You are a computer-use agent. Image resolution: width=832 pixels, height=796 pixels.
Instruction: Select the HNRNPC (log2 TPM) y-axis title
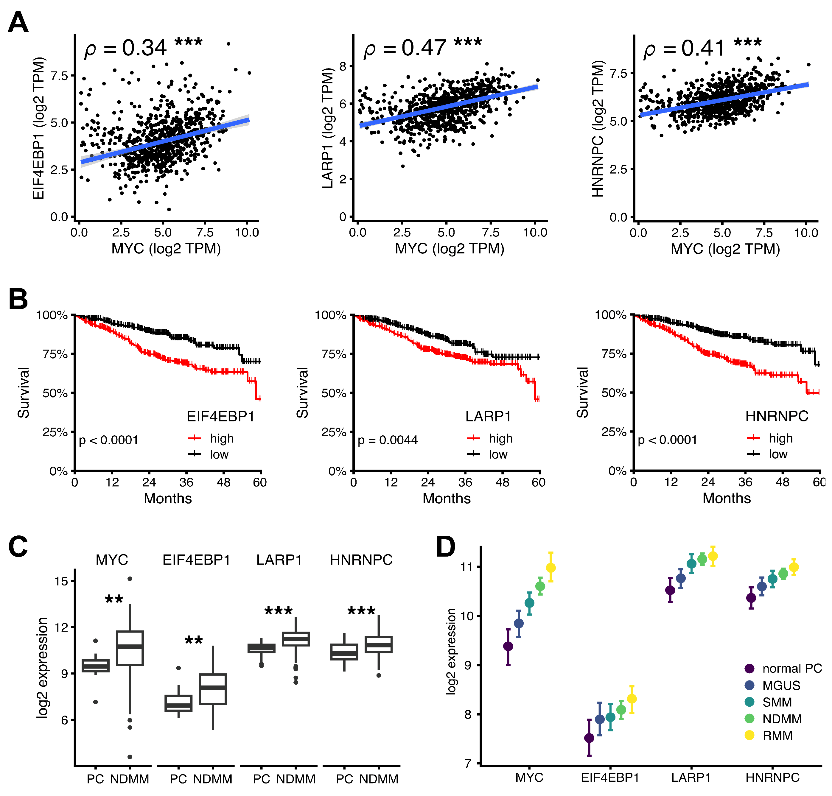tap(598, 129)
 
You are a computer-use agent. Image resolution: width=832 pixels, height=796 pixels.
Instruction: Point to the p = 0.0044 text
tap(387, 440)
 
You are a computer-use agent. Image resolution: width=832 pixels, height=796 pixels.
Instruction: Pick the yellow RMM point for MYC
tap(550, 568)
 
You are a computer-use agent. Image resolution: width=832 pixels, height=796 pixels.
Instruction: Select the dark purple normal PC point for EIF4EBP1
tap(589, 738)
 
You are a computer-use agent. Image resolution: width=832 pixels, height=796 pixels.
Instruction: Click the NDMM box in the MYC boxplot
tap(130, 648)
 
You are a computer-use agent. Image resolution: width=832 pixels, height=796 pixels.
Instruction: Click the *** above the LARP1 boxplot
tap(279, 611)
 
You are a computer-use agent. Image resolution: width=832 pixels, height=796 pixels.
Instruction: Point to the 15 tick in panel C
tap(62, 581)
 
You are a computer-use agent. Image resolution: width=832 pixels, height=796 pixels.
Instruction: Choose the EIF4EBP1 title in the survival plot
tap(220, 417)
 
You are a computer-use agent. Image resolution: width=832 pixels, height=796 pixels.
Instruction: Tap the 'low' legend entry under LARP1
tap(497, 454)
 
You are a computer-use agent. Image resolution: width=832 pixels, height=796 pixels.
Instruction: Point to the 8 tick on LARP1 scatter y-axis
tap(343, 66)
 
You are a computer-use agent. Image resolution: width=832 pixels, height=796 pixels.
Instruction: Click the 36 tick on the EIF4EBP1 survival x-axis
tap(186, 482)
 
